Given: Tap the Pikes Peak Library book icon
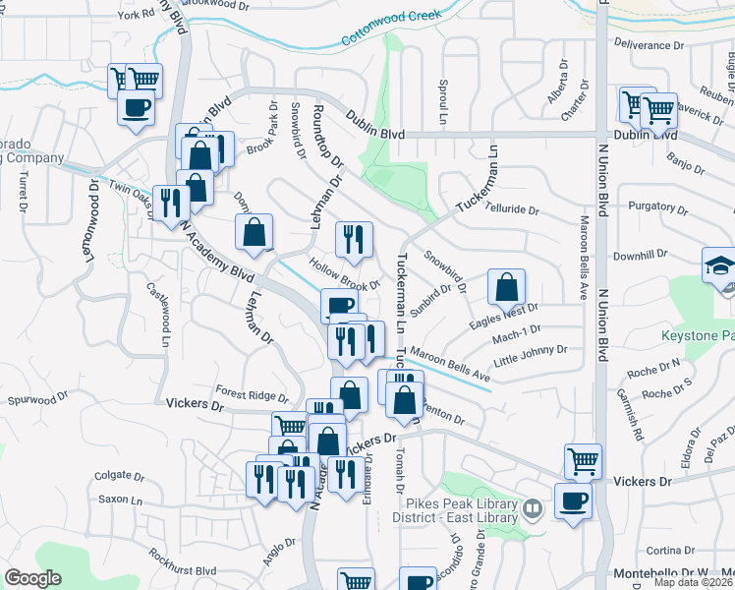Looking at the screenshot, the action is [x=533, y=508].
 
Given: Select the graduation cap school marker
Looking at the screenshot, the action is [x=719, y=266].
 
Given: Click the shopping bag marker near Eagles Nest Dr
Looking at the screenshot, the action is [x=507, y=288].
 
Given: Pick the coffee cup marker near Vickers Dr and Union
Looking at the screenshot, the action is [x=573, y=501].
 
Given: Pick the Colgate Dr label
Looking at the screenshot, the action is [x=120, y=475].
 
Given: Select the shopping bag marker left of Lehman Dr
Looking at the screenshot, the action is [x=254, y=233].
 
